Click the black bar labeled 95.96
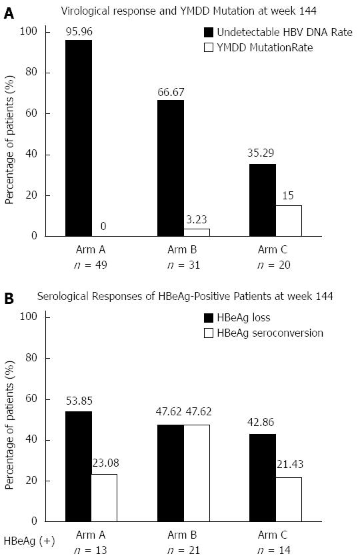pos(79,138)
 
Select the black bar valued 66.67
pos(171,168)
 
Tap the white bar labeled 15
pos(289,221)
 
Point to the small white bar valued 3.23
pos(197,233)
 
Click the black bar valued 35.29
pos(263,200)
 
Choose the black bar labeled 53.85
pos(79,467)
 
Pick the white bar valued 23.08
pos(104,498)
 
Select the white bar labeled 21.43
pos(289,499)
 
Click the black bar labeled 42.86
pos(263,478)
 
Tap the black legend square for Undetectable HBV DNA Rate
pos(209,33)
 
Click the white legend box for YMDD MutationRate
pos(209,48)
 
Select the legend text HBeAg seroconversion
pos(270,333)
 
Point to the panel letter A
pos(9,13)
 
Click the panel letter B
pos(9,299)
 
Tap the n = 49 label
pos(91,265)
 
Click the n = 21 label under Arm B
pos(183,550)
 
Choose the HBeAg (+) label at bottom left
pos(29,541)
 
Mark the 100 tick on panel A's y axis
pos(29,32)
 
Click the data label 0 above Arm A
pos(103,226)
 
